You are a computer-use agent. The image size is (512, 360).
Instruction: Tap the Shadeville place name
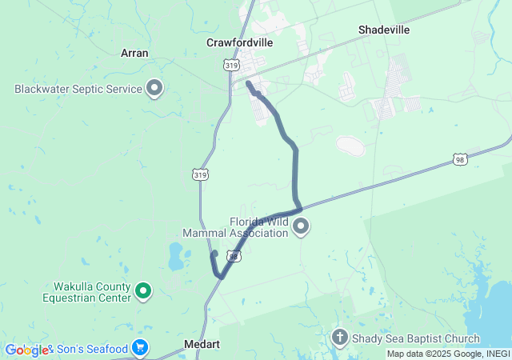[384, 30]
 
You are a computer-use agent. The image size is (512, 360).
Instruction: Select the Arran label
[134, 53]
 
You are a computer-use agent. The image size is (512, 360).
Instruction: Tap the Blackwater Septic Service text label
[78, 90]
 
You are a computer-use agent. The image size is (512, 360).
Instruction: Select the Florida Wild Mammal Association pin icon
[302, 228]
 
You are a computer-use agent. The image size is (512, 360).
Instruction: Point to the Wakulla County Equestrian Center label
[86, 292]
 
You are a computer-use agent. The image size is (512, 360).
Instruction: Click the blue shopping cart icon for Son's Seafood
[140, 348]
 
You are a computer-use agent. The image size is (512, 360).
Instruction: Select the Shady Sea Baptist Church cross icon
[340, 338]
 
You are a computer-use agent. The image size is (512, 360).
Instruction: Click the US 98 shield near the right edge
[459, 160]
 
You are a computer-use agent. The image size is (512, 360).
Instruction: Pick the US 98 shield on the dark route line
[233, 256]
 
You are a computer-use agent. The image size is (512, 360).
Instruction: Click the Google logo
[26, 350]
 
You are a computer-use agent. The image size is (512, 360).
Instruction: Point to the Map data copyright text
[448, 354]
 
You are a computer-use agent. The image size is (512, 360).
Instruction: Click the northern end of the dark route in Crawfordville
[248, 83]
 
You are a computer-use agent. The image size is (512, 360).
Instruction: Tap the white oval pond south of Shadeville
[350, 146]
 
